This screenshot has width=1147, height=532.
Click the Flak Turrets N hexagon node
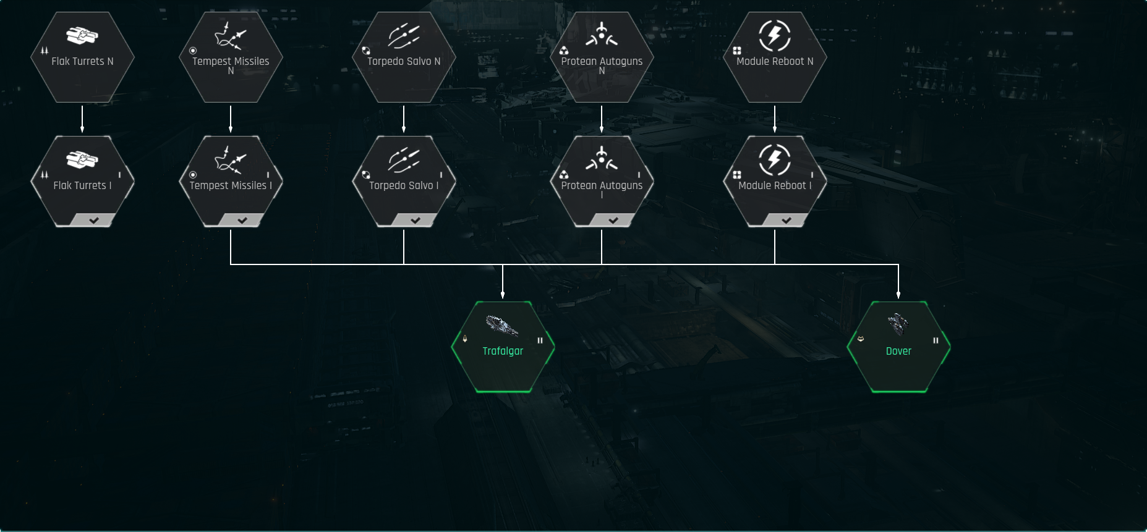[x=82, y=57]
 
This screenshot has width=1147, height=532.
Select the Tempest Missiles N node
[x=231, y=57]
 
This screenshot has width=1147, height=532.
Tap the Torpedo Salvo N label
[x=404, y=61]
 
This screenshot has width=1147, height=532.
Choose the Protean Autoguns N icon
[x=602, y=35]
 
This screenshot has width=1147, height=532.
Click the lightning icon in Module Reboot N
[x=775, y=35]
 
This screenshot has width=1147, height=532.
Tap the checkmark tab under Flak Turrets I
[x=93, y=220]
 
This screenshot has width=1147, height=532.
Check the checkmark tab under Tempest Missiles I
[x=242, y=220]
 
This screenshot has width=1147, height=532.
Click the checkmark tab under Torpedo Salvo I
[x=415, y=220]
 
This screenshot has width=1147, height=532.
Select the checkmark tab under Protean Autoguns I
[x=613, y=220]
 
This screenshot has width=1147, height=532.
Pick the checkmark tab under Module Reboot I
[x=786, y=220]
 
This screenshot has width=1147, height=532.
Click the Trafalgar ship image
[x=501, y=326]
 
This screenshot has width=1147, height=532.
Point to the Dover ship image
[x=898, y=324]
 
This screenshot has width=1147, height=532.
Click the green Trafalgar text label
[x=503, y=351]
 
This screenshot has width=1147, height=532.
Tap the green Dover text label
[x=898, y=351]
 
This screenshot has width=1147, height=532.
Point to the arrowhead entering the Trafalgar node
[x=503, y=295]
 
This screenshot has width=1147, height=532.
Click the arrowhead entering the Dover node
[x=898, y=295]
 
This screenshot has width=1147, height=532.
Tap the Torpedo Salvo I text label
[x=404, y=185]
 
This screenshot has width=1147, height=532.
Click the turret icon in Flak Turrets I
[x=82, y=160]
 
